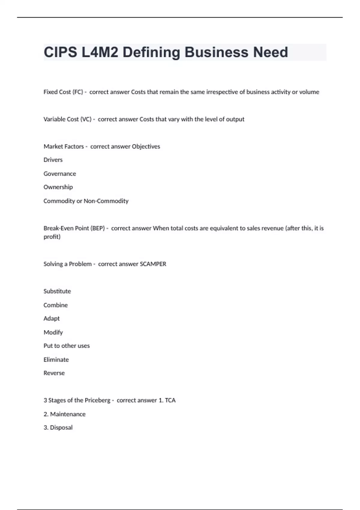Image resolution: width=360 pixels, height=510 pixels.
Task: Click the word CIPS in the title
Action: coord(60,52)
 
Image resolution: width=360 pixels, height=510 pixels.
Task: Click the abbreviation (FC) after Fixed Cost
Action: coord(78,92)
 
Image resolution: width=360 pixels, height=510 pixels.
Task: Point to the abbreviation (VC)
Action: coord(86,119)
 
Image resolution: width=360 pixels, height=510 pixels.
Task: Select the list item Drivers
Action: coord(53,160)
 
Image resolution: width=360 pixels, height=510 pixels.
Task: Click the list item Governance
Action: coord(60,174)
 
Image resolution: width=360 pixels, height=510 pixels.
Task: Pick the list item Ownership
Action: coord(58,187)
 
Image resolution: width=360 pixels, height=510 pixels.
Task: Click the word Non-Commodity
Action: coord(106,201)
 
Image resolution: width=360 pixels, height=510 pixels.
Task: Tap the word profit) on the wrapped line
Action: coord(52,237)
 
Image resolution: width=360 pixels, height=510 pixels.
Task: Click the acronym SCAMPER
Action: coord(153,264)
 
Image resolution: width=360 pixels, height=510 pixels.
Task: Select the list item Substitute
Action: coord(57,291)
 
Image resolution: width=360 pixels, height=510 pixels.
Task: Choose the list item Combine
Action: coord(55,305)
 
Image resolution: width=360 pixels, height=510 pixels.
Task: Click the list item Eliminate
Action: coord(56,360)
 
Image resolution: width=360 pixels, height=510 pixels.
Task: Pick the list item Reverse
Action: coord(54,373)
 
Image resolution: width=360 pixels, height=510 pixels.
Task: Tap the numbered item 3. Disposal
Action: coord(58,427)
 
